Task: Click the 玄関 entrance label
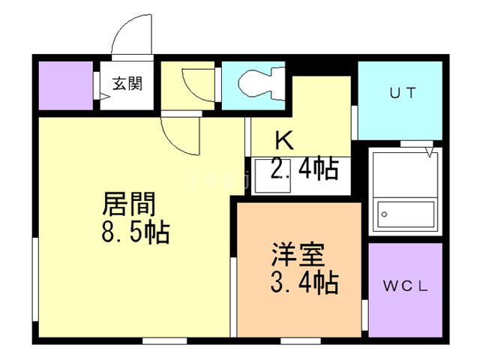[x=127, y=83]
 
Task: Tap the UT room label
[x=403, y=92]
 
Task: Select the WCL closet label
[x=405, y=286]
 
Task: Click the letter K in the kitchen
[x=284, y=140]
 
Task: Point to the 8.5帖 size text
[x=136, y=232]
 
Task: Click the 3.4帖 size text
[x=304, y=282]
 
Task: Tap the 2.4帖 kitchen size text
[x=304, y=168]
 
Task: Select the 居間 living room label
[x=130, y=204]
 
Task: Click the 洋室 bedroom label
[x=298, y=254]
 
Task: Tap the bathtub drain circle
[x=384, y=214]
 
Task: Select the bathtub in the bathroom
[x=406, y=214]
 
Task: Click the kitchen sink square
[x=272, y=175]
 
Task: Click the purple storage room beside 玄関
[x=66, y=85]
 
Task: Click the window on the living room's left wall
[x=35, y=279]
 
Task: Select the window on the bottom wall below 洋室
[x=301, y=340]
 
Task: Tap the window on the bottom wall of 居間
[x=165, y=340]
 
